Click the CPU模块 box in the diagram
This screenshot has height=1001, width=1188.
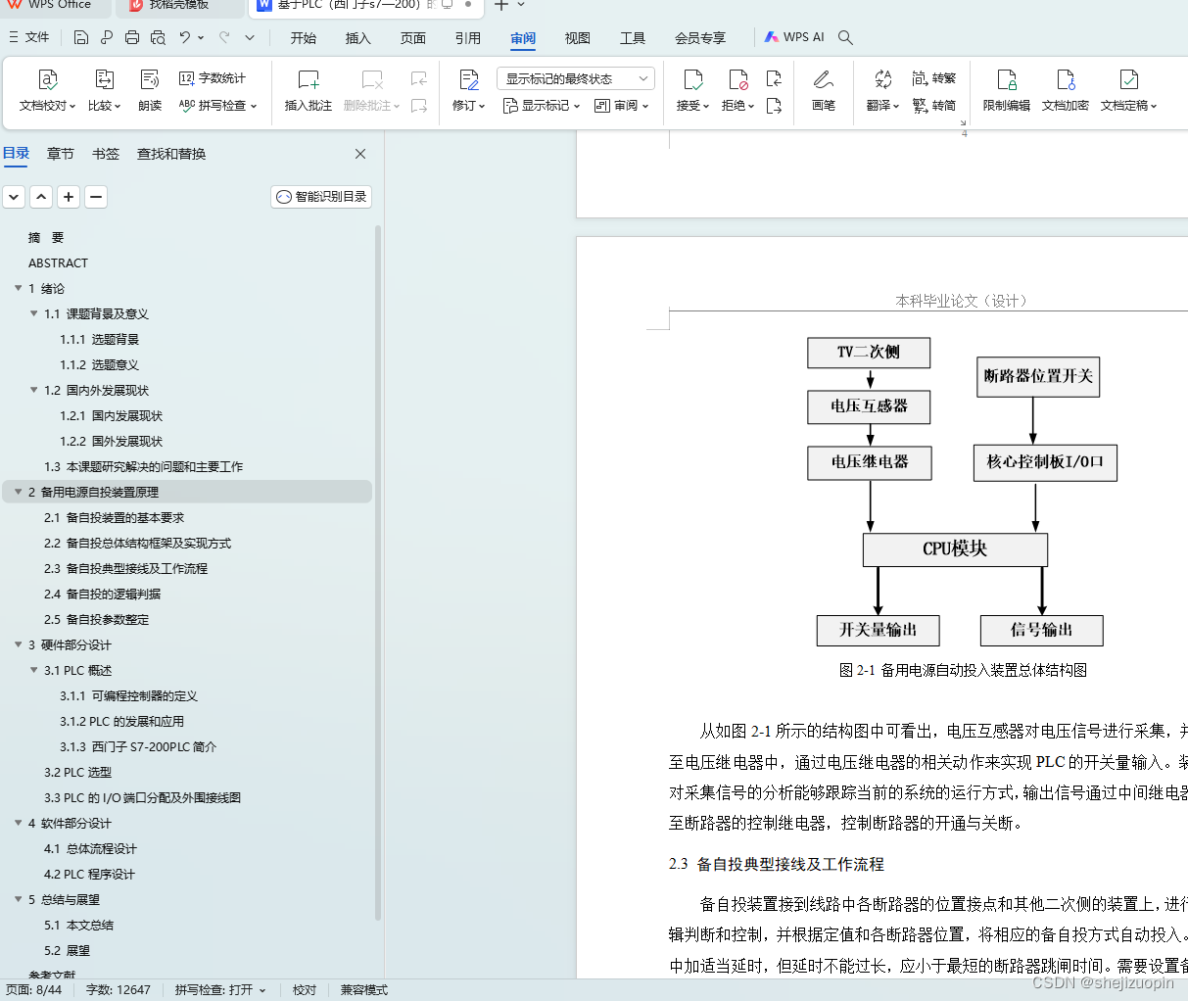click(x=955, y=549)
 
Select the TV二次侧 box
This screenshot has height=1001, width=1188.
click(x=869, y=353)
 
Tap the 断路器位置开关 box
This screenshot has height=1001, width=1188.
click(x=1038, y=377)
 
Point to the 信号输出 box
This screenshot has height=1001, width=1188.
click(x=1041, y=630)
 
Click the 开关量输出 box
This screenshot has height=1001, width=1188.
click(x=878, y=630)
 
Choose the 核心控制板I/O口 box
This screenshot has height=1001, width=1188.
click(x=1045, y=462)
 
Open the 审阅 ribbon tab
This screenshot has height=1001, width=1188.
click(x=523, y=38)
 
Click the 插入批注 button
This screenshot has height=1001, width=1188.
click(x=308, y=91)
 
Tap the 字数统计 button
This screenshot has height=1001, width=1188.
click(x=213, y=78)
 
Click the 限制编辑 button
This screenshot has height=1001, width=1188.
click(x=1006, y=91)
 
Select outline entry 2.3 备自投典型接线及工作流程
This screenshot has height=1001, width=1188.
click(x=125, y=568)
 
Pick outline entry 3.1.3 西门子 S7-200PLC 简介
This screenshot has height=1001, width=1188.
click(x=138, y=746)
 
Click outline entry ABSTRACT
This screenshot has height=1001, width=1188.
click(x=58, y=262)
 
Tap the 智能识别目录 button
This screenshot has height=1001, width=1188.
click(x=321, y=197)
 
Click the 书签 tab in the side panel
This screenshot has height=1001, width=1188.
click(x=106, y=154)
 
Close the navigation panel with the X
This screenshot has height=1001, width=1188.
click(x=360, y=154)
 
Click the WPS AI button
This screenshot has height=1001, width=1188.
click(x=794, y=37)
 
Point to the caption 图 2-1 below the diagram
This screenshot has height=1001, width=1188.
click(x=963, y=670)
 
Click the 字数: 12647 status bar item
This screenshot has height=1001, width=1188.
click(x=119, y=989)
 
